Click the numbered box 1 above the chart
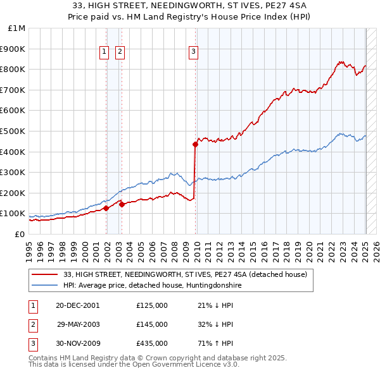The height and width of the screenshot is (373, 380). tap(103, 52)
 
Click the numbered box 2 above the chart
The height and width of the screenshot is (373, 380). tap(120, 52)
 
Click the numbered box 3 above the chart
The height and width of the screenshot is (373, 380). tap(193, 52)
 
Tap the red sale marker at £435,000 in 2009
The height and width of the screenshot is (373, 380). tap(196, 144)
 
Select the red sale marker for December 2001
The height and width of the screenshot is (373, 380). tap(106, 208)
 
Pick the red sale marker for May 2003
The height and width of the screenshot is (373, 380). tap(122, 204)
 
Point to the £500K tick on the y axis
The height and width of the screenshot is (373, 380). tap(14, 131)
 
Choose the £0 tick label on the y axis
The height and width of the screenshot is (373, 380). tap(19, 234)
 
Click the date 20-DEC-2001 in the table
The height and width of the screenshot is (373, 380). tap(77, 305)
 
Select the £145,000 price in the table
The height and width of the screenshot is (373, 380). tap(152, 324)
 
